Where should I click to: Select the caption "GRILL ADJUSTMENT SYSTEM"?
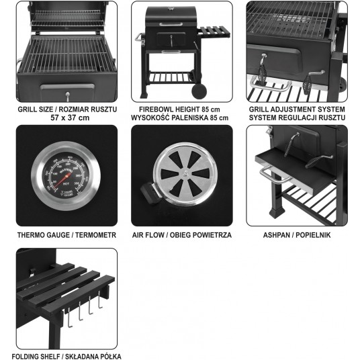tap(297, 109)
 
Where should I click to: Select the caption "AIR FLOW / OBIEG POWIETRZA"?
tap(182, 235)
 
